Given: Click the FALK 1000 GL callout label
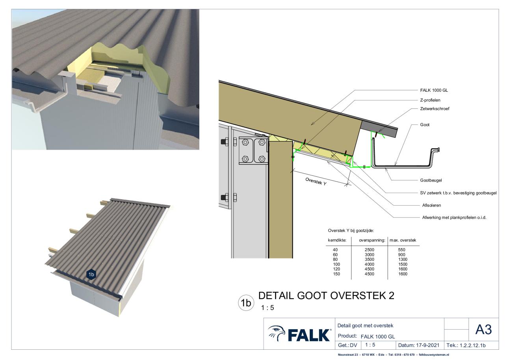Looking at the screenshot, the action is pos(434,90).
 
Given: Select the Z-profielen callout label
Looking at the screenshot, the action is pos(430,100).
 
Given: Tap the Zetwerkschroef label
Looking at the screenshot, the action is pos(435,109).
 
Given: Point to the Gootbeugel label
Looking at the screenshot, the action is pos(431,180).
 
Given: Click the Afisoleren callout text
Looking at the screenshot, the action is pos(431,205).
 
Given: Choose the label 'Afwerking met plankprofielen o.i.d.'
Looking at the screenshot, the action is pos(454,217).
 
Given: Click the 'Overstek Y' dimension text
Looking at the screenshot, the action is pos(316,182).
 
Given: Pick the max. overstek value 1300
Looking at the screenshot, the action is pos(403,260).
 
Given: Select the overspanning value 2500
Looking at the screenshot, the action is pos(369,250).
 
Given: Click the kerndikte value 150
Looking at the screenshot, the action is pos(336,274).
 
